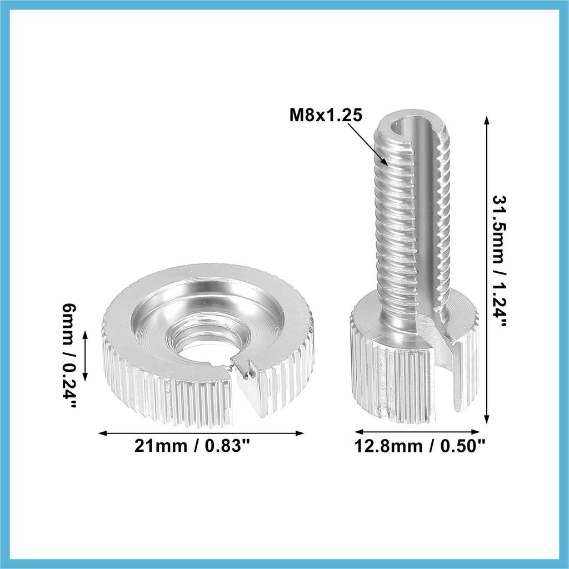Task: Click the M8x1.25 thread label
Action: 326,116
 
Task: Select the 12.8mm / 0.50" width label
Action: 420,446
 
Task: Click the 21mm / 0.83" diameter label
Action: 193,446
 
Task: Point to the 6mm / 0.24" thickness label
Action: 68,356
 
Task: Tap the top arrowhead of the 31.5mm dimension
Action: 487,117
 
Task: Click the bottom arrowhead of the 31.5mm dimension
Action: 487,423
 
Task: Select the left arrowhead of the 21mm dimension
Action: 99,433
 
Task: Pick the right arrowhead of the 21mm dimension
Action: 304,433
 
